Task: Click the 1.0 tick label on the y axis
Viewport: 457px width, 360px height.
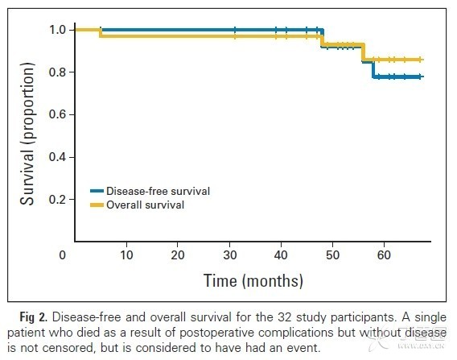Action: point(57,30)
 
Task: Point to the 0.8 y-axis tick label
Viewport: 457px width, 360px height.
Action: point(57,72)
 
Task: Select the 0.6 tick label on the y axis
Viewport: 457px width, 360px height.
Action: point(57,114)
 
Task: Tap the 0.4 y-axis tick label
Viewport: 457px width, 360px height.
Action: point(57,157)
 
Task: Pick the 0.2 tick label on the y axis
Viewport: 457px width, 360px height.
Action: point(57,200)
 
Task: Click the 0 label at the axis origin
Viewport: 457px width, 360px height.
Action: point(63,255)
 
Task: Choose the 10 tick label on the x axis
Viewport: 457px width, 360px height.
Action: point(126,255)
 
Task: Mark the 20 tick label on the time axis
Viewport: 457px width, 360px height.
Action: point(178,255)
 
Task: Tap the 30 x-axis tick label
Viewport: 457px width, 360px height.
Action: point(230,255)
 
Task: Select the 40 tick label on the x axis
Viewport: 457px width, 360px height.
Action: point(281,255)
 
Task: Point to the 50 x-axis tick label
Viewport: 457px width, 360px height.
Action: point(332,255)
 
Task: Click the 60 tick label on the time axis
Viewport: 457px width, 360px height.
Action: point(384,255)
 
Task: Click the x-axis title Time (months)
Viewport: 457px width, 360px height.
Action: point(253,281)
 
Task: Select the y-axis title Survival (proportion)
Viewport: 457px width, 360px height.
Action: point(27,134)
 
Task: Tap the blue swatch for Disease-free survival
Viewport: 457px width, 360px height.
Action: point(97,191)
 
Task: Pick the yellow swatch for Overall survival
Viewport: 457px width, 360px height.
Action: point(97,205)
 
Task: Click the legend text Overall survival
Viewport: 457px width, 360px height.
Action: point(145,205)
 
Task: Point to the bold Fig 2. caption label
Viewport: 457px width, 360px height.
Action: point(33,317)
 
